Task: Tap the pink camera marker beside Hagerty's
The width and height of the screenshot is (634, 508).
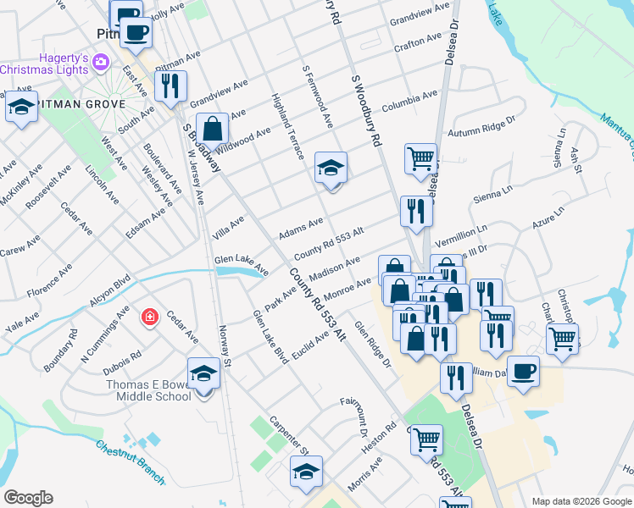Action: pos(102,61)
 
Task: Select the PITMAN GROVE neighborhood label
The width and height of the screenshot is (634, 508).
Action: pos(82,104)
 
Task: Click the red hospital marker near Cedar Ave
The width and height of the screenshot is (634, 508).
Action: pos(149,317)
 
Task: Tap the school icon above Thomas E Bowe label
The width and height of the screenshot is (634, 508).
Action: pos(204,374)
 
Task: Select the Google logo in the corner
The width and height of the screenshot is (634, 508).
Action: pos(28,498)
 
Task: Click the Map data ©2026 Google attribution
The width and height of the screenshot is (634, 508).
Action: pos(581,501)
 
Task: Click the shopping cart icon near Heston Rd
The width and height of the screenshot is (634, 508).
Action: pos(425,439)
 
